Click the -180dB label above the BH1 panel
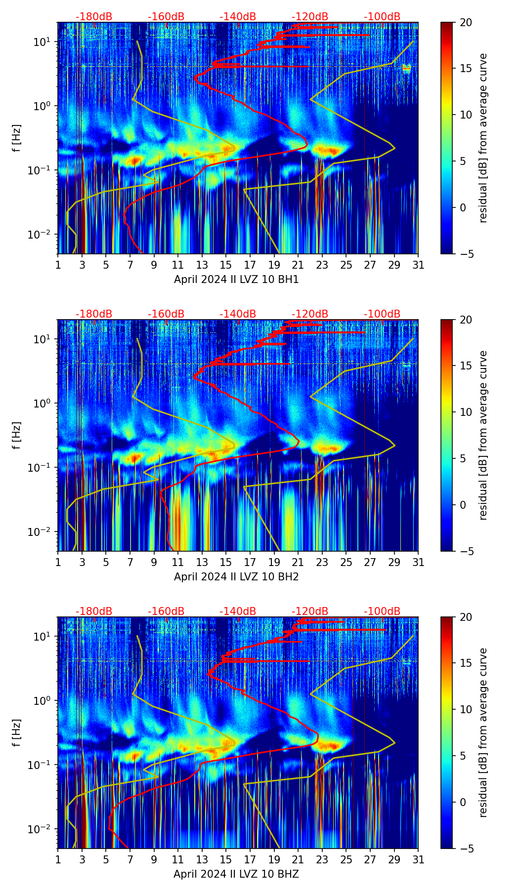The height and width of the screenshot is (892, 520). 94,17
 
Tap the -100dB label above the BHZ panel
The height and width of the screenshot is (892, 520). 382,611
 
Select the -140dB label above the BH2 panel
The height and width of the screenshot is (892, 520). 238,314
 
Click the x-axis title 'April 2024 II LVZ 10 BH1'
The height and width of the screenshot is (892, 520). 236,280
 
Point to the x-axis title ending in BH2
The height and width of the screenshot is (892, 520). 236,577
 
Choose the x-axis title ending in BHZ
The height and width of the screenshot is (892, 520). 236,874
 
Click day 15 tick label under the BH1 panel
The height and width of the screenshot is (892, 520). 226,265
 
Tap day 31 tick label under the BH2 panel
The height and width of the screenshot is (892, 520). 418,563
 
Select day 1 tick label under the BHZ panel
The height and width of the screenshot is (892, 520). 58,860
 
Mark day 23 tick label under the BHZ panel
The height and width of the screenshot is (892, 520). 322,860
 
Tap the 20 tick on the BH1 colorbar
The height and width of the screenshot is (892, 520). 466,22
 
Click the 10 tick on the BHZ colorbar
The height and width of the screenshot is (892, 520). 466,710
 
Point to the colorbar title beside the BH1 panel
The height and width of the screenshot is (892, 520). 483,138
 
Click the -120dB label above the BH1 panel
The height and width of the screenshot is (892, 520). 310,17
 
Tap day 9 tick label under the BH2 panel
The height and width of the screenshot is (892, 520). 154,563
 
